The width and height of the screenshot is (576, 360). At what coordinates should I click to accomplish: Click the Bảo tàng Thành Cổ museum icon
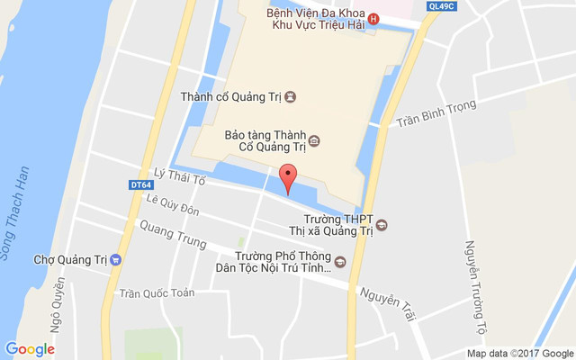(314, 140)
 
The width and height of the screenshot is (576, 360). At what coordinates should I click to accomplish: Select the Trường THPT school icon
(381, 224)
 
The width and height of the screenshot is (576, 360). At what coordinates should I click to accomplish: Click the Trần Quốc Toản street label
(157, 292)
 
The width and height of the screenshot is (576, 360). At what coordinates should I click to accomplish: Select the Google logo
(30, 349)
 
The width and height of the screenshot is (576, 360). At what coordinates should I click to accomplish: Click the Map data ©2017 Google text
(520, 354)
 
